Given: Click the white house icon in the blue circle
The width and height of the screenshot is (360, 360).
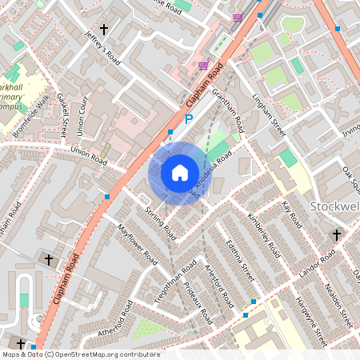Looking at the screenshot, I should tap(179, 172).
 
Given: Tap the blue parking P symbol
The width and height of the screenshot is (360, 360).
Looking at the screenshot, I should tap(189, 120).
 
